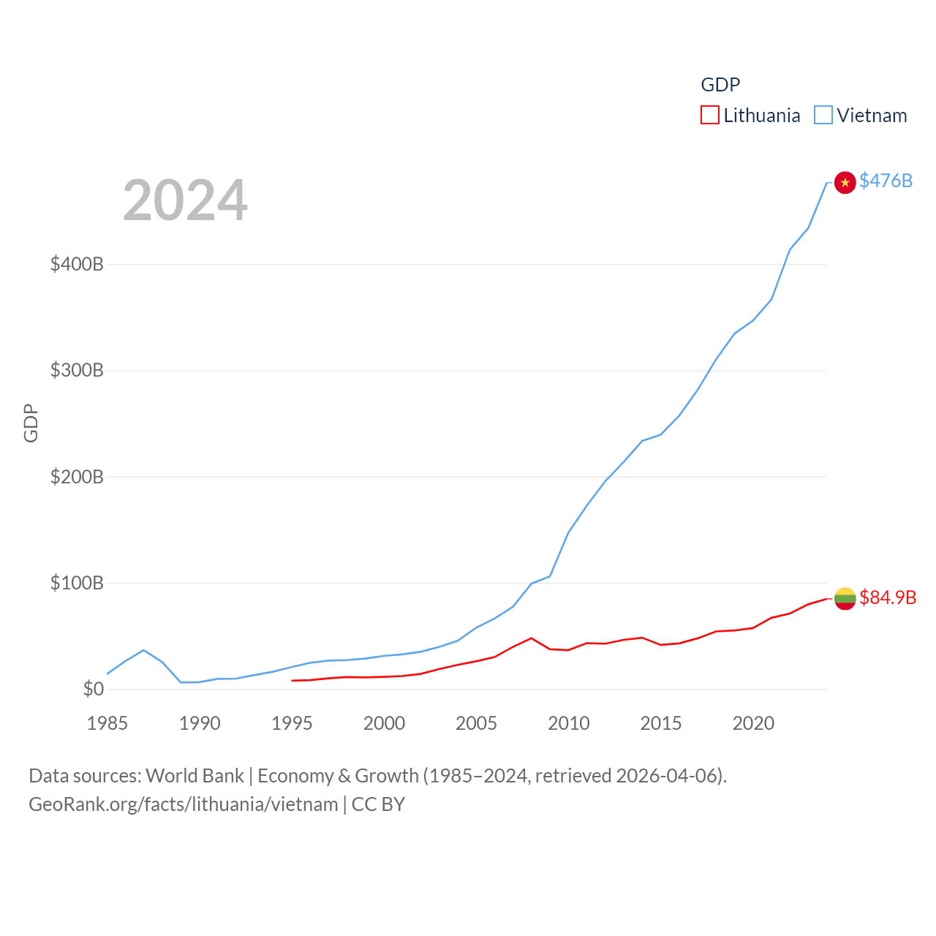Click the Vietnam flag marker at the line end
pyautogui.click(x=845, y=182)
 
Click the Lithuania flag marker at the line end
pyautogui.click(x=845, y=598)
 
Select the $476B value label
pyautogui.click(x=886, y=181)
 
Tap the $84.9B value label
pyautogui.click(x=887, y=597)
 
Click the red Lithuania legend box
pyautogui.click(x=709, y=116)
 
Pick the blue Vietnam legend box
pyautogui.click(x=823, y=116)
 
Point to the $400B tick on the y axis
pyautogui.click(x=77, y=264)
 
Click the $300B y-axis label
pyautogui.click(x=77, y=370)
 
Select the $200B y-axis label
pyautogui.click(x=77, y=477)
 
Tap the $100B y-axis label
pyautogui.click(x=77, y=583)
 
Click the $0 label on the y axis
pyautogui.click(x=93, y=689)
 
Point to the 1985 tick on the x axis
pyautogui.click(x=107, y=723)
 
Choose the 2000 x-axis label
pyautogui.click(x=384, y=723)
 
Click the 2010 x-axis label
pyautogui.click(x=568, y=723)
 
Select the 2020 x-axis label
pyautogui.click(x=753, y=723)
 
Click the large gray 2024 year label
pyautogui.click(x=185, y=200)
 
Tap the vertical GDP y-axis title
pyautogui.click(x=31, y=423)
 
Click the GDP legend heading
pyautogui.click(x=720, y=85)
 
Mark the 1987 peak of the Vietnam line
pyautogui.click(x=143, y=650)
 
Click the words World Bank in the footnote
pyautogui.click(x=195, y=775)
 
